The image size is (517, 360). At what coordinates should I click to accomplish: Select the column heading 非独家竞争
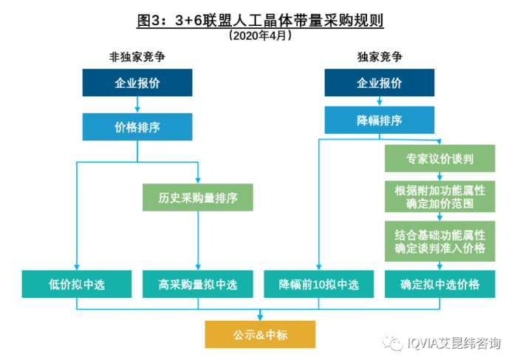coord(137,56)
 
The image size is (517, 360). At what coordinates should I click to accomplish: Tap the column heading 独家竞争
coord(380,56)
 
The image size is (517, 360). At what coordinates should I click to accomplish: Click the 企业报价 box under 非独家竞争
coord(137,82)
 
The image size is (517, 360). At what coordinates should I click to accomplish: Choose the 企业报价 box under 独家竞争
coord(380,82)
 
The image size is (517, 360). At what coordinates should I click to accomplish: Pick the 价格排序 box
coord(137,126)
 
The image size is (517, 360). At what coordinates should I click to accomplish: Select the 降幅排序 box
coord(380,120)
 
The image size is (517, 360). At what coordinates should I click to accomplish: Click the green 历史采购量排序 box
coord(198,197)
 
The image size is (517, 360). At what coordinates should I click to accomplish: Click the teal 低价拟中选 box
coord(77,284)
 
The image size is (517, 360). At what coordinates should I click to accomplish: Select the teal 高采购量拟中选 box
coord(198,284)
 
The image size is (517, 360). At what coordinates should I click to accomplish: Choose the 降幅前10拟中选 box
coord(318,284)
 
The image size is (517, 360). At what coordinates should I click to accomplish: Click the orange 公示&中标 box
coord(259,334)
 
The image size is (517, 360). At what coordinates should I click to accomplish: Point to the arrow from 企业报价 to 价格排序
coord(137,104)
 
